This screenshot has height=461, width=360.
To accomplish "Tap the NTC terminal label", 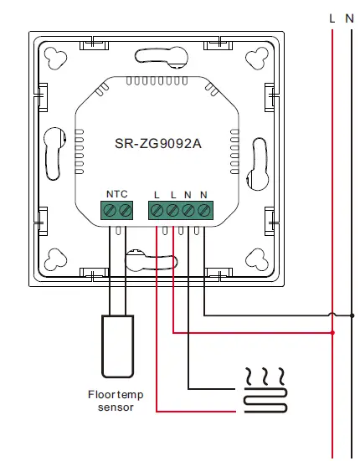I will [x=116, y=194].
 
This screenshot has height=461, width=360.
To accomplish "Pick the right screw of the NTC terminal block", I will [x=125, y=209].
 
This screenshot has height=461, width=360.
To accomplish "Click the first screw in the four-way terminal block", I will [x=157, y=209].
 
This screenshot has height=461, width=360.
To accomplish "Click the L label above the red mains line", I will [x=332, y=17].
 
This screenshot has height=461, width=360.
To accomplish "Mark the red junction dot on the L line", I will [x=333, y=332].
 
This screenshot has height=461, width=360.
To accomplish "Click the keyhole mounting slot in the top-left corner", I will [x=57, y=59].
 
